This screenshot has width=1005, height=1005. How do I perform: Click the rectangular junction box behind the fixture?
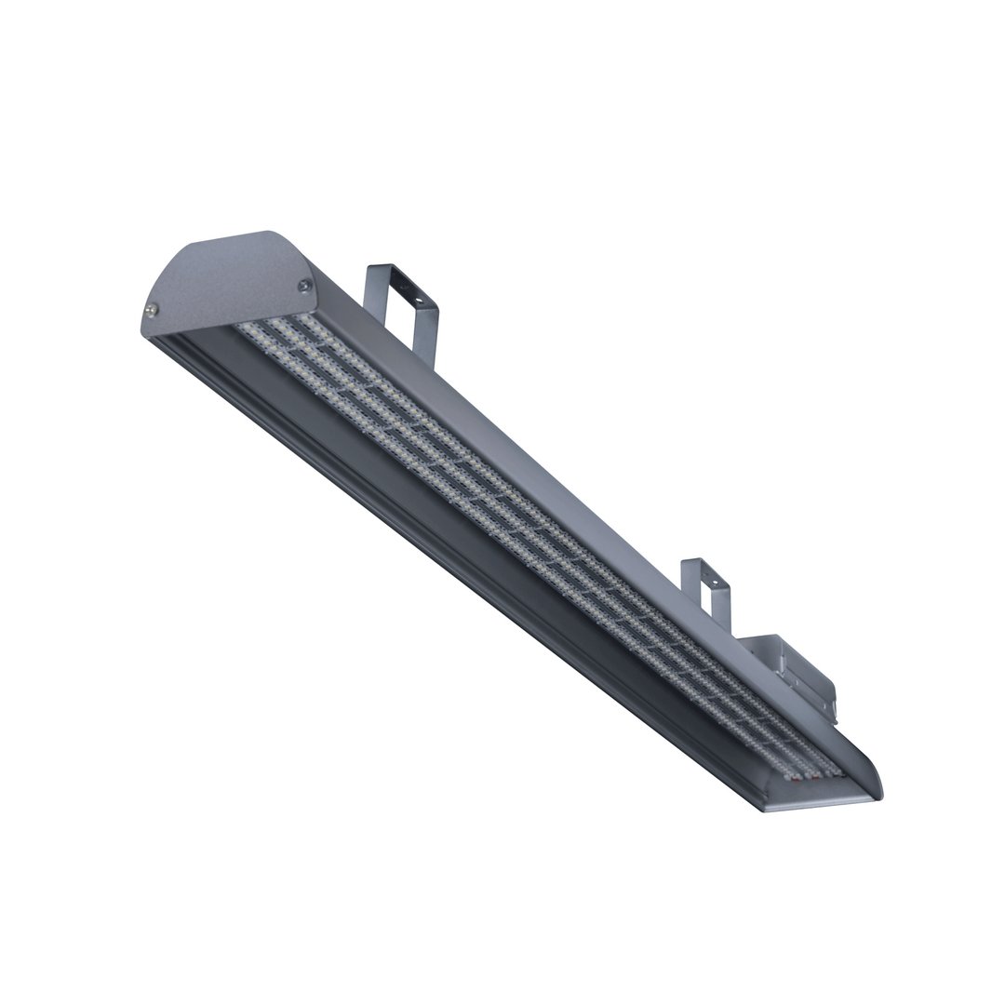click(791, 670)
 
